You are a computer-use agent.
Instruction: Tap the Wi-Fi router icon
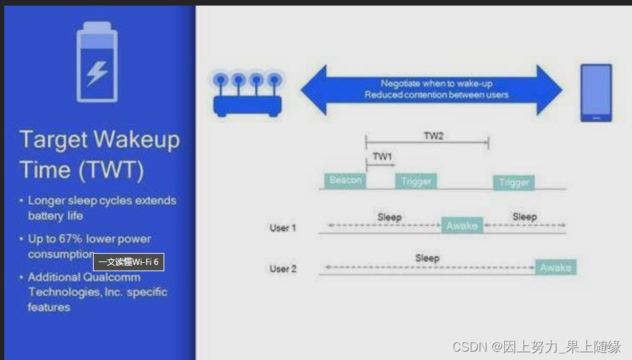click(247, 95)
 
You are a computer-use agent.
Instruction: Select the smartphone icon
click(596, 93)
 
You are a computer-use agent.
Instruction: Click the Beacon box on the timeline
click(345, 180)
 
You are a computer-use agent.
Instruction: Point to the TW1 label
click(382, 157)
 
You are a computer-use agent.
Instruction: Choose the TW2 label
click(433, 136)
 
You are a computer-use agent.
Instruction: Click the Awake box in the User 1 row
click(461, 226)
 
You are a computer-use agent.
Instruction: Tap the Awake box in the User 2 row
click(556, 268)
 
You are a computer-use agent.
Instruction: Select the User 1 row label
click(283, 228)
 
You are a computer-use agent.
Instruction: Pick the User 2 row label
click(283, 269)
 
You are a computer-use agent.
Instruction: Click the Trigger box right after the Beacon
click(416, 182)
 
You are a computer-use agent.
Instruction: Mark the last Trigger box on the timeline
click(514, 182)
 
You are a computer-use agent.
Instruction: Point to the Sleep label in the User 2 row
click(427, 258)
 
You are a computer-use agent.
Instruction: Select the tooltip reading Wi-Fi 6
click(129, 262)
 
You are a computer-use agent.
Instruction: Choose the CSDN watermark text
click(536, 347)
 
